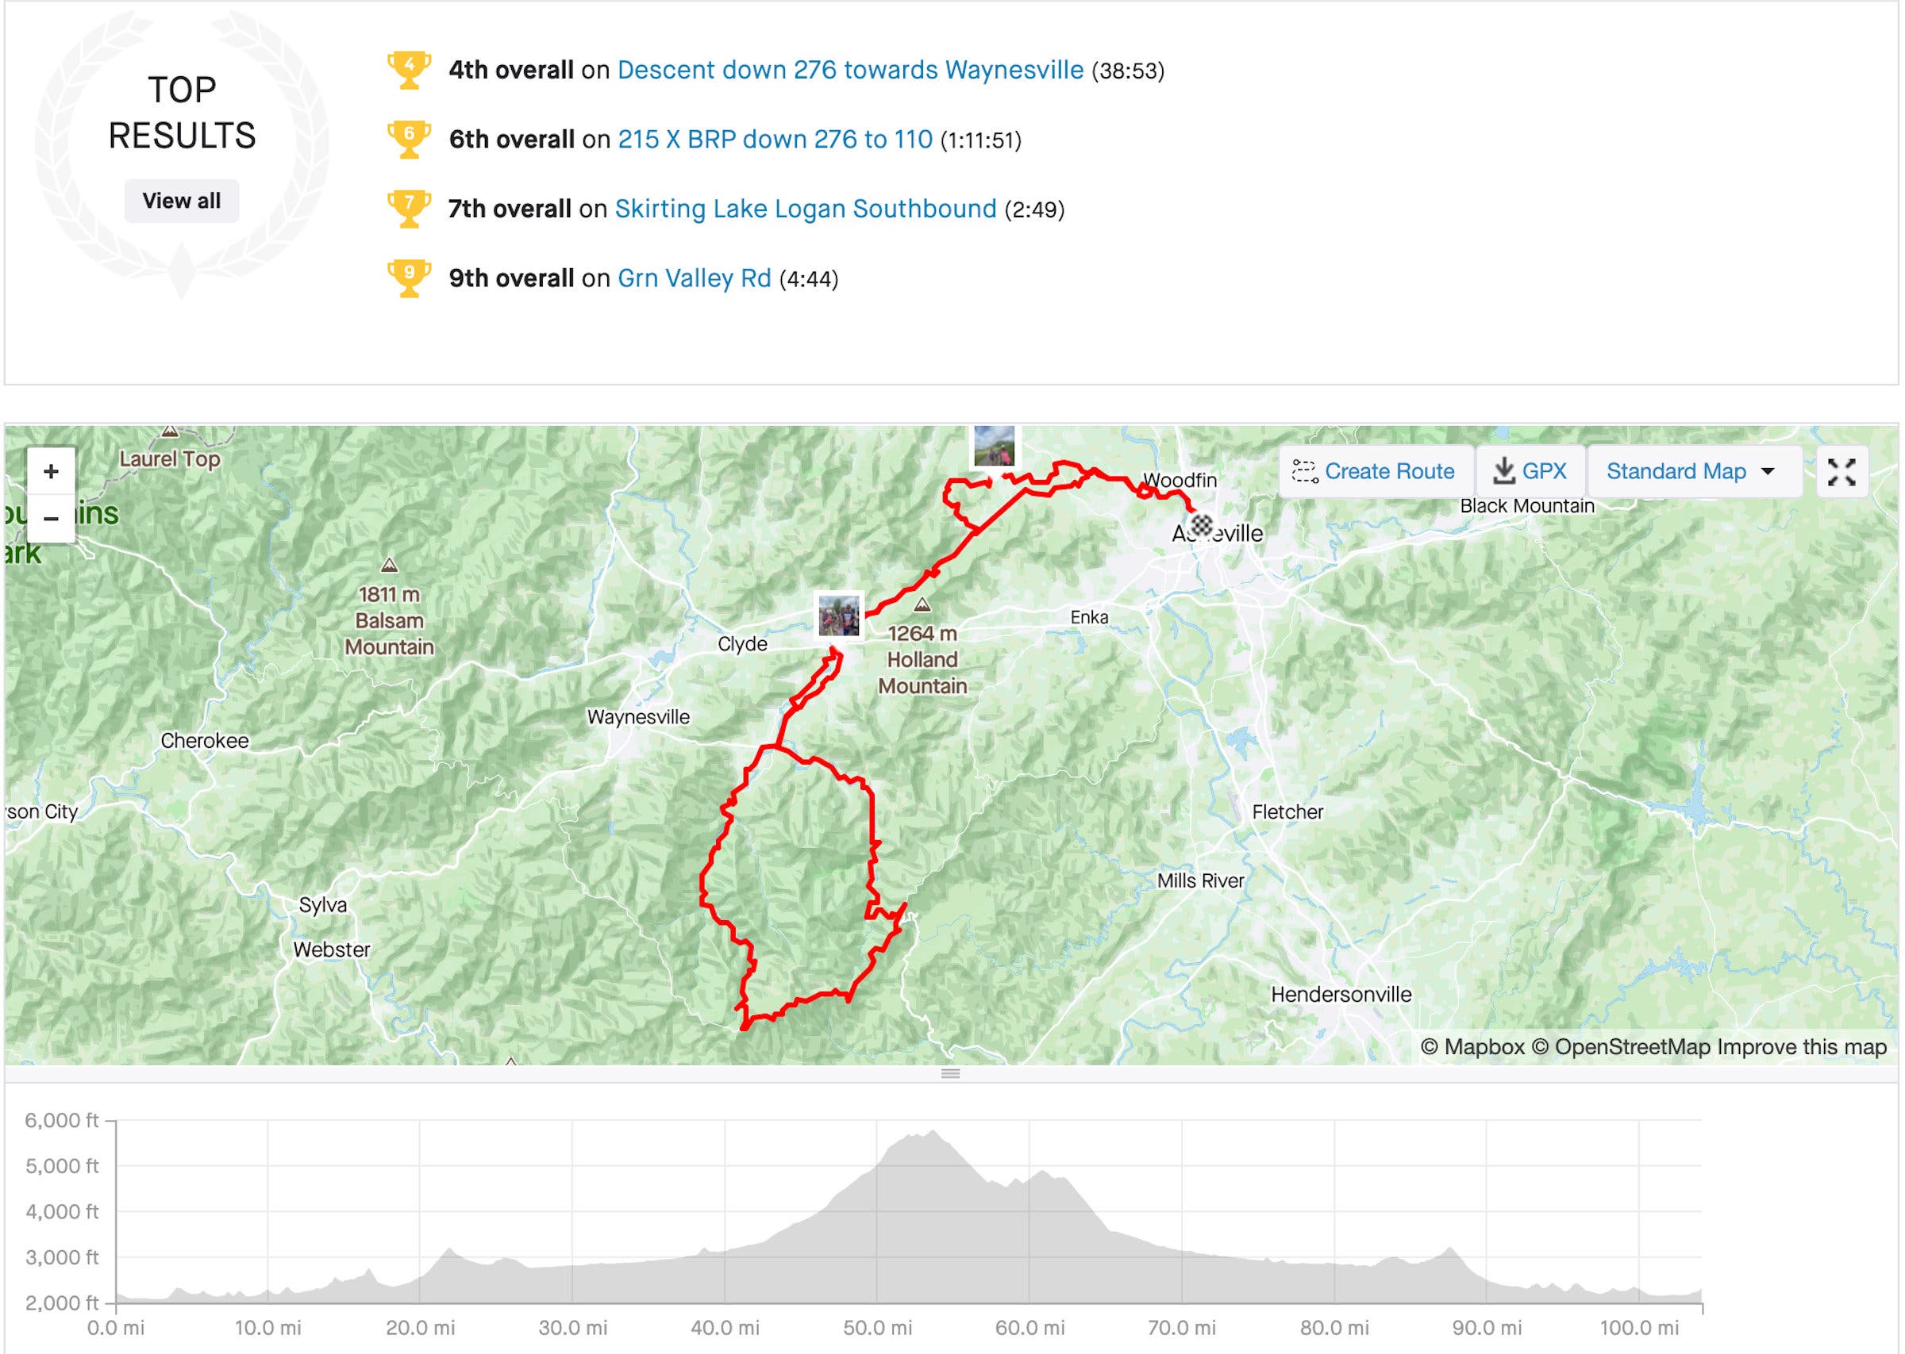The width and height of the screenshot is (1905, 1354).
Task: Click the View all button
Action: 181,201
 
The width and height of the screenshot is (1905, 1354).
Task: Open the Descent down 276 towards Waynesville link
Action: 849,70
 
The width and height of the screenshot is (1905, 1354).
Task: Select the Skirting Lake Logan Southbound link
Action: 805,209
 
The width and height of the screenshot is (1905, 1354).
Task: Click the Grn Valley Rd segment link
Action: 693,278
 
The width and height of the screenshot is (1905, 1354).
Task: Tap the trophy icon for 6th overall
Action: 409,140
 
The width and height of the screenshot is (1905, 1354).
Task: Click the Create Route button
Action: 1373,471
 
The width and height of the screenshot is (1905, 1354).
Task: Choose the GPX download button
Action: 1529,471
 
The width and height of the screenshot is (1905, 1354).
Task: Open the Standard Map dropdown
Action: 1691,471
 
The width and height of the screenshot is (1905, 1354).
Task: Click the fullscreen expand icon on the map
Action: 1841,472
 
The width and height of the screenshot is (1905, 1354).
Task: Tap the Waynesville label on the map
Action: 638,717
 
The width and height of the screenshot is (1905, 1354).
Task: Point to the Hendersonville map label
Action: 1341,994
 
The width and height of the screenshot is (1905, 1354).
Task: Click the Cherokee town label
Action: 204,740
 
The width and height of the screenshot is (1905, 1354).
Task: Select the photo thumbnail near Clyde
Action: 838,616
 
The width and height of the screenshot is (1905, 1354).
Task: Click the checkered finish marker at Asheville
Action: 1201,525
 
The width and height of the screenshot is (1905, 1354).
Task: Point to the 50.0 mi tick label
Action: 876,1328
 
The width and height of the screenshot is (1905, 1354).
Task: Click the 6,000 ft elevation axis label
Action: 62,1121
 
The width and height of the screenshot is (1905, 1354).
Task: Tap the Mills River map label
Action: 1199,880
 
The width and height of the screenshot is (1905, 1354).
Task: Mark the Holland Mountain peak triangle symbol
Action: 922,604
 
